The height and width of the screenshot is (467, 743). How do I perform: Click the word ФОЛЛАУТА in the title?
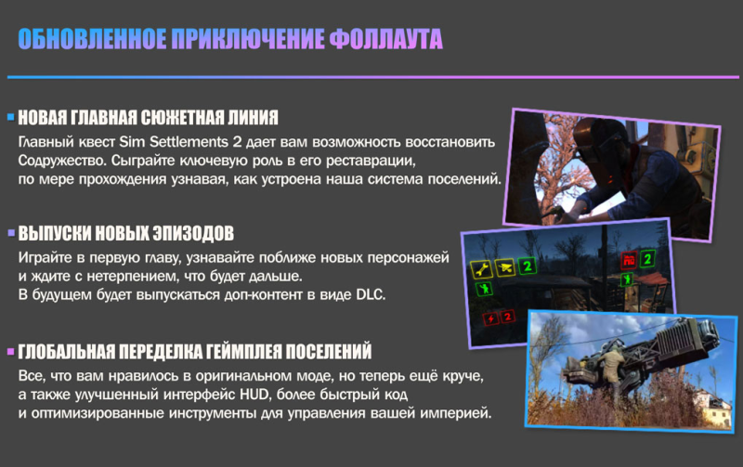click(x=385, y=39)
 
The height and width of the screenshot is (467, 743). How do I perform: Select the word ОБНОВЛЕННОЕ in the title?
click(x=92, y=39)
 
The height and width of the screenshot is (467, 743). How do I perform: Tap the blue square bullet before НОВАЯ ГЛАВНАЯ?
click(x=11, y=117)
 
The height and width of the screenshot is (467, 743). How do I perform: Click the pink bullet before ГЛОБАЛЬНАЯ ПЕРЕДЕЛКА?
click(x=11, y=352)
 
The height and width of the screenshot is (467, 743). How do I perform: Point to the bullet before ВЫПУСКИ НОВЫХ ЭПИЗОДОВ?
click(x=11, y=232)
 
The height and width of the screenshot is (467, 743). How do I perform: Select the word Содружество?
click(x=62, y=161)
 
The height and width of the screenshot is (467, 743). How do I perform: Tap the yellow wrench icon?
click(x=481, y=269)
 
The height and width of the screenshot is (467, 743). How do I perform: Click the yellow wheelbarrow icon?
click(x=504, y=267)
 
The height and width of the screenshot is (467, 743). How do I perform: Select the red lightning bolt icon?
click(x=490, y=318)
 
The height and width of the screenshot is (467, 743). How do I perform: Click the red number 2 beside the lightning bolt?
click(x=507, y=317)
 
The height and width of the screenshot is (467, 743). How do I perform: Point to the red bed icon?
click(x=629, y=260)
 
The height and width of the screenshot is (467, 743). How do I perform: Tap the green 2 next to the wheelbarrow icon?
click(x=527, y=266)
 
